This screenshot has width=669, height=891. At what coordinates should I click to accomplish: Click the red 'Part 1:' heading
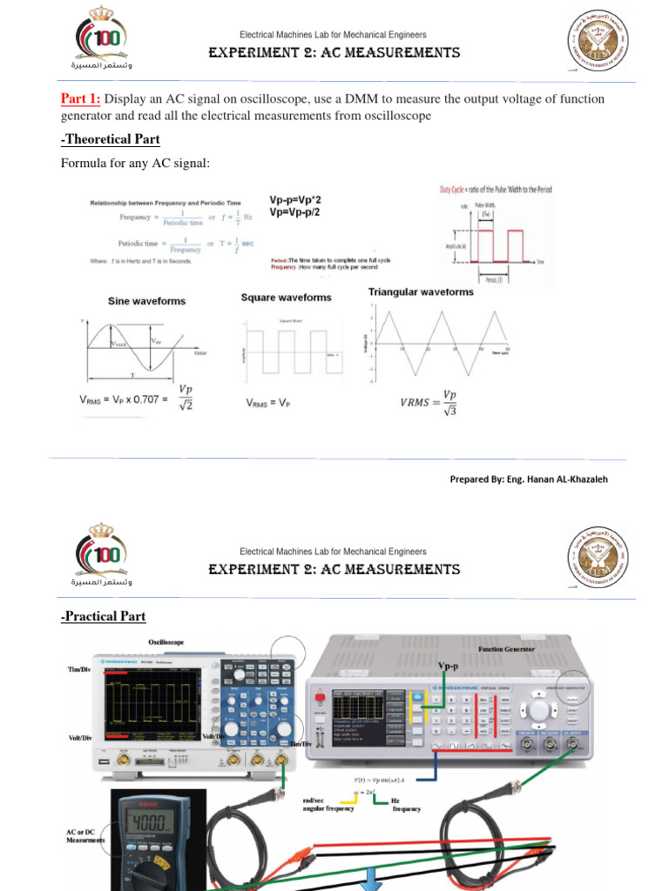click(x=80, y=98)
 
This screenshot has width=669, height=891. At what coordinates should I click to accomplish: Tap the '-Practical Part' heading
click(x=103, y=616)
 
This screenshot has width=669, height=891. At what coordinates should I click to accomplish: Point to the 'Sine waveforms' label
click(x=146, y=301)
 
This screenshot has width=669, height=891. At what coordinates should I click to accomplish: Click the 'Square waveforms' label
click(x=286, y=298)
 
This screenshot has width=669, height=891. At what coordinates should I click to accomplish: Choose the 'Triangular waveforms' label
click(x=421, y=292)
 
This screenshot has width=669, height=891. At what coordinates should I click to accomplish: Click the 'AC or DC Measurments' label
click(x=85, y=836)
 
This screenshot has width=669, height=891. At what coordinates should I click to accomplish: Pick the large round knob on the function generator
click(x=539, y=710)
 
